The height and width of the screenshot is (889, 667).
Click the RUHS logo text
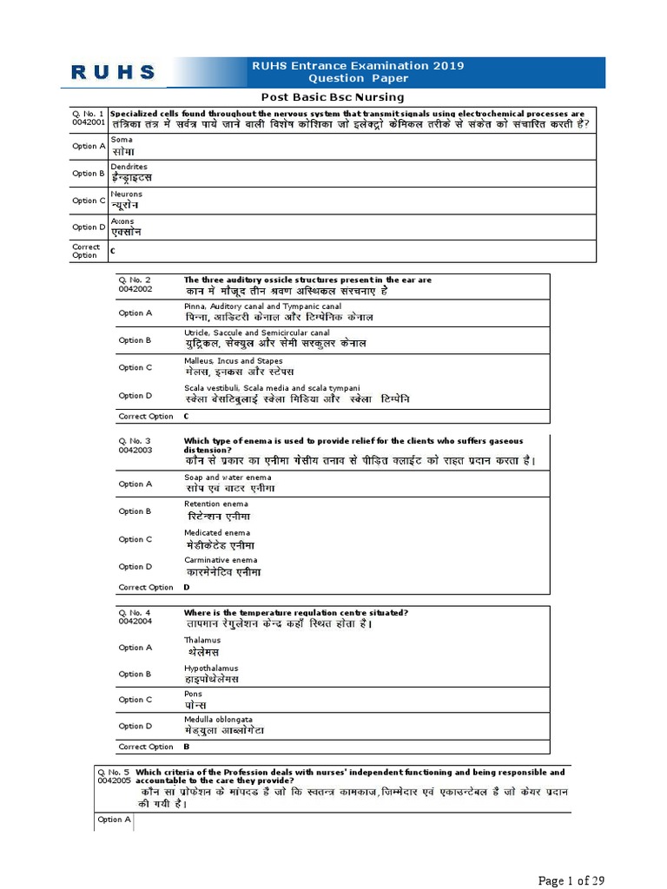pos(113,73)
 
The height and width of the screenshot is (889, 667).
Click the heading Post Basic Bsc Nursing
pos(333,97)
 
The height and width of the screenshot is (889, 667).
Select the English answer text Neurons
pos(126,194)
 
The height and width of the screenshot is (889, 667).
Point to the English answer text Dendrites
pos(129,167)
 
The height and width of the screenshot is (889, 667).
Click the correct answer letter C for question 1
pos(113,251)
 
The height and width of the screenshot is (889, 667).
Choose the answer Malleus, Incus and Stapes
pos(233,361)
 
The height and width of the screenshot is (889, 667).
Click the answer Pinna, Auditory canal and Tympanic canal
pos(262,306)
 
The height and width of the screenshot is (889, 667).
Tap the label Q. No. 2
pos(135,280)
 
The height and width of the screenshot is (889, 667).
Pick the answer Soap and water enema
pos(228,477)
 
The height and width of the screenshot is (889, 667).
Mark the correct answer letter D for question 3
pos(187,587)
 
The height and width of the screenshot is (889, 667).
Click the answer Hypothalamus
pos(210,668)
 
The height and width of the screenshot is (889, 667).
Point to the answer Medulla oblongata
pos(218,720)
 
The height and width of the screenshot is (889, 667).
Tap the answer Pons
pos(193,694)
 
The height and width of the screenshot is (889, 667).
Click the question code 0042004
pos(135,622)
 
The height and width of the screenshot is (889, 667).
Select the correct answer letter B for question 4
pos(187,747)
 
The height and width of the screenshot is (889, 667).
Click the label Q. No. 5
pos(114,771)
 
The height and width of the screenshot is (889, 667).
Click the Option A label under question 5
pos(114,820)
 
